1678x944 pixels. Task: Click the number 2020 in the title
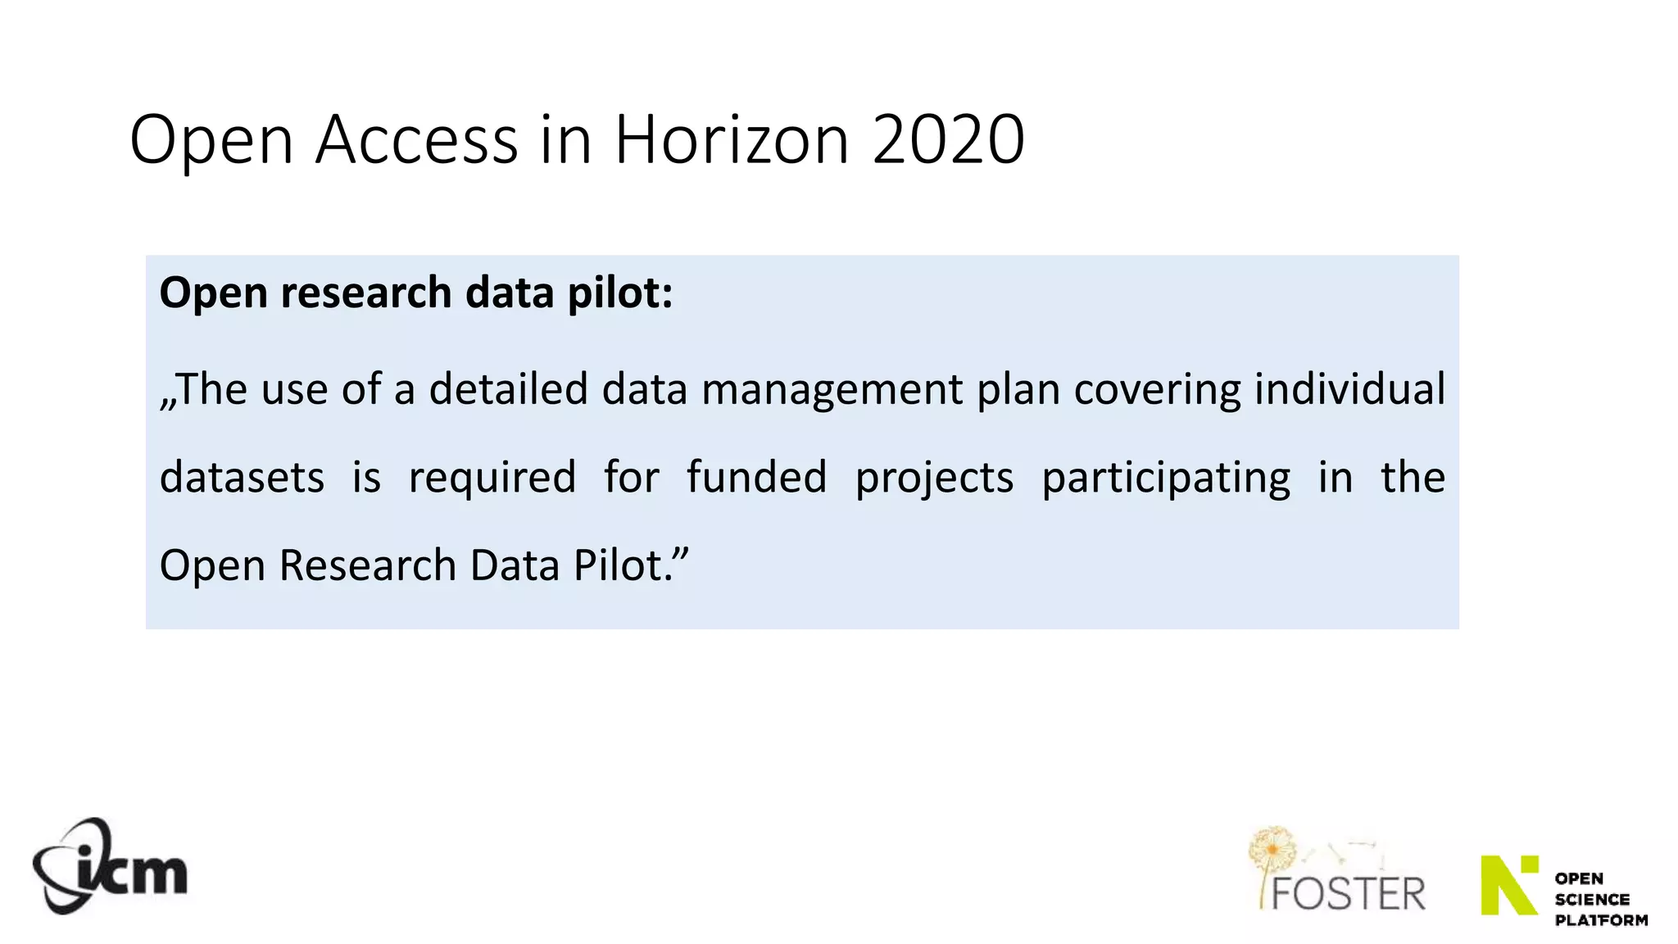[948, 139]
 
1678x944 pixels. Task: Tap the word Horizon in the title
[731, 139]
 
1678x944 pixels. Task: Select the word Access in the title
[416, 139]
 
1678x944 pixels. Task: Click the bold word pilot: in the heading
[620, 293]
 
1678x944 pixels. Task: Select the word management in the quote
[832, 388]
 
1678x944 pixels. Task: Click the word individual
[1349, 388]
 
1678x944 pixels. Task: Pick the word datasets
[242, 477]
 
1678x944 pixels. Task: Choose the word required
[492, 479]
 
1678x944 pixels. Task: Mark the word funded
[756, 477]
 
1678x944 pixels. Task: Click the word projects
[934, 479]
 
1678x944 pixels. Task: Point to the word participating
[1165, 479]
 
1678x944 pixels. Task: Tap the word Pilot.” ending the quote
[631, 565]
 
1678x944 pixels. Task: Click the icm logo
[110, 867]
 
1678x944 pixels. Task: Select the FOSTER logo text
[1348, 893]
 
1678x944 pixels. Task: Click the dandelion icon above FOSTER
[1272, 849]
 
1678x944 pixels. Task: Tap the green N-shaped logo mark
[1508, 884]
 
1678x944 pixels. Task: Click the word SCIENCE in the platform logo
[1592, 899]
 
